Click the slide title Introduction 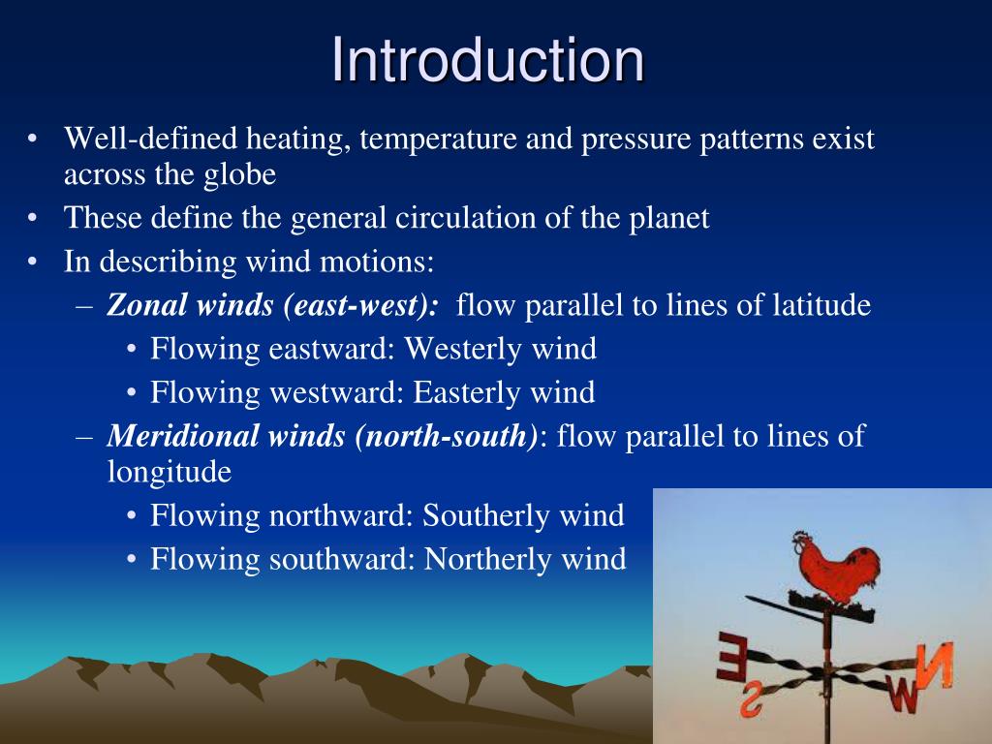pyautogui.click(x=487, y=60)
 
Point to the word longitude pyautogui.click(x=170, y=472)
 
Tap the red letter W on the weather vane pyautogui.click(x=903, y=695)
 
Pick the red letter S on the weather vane pyautogui.click(x=751, y=700)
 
